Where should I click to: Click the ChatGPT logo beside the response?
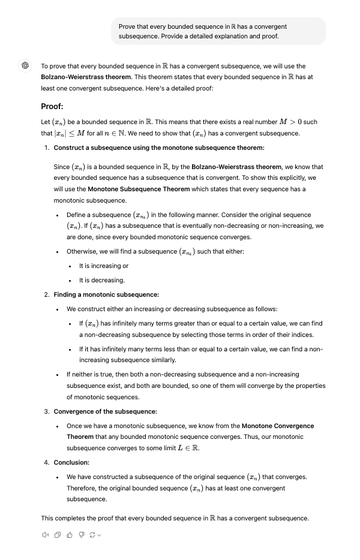coord(26,66)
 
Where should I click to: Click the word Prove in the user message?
coord(127,26)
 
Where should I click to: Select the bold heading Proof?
coord(52,107)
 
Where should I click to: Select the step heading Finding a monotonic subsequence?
coord(106,294)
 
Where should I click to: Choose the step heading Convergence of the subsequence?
coord(105,411)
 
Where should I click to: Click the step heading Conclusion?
coord(71,462)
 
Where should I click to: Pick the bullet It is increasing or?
coord(103,266)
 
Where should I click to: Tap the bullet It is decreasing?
coord(102,280)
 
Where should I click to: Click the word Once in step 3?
coord(74,426)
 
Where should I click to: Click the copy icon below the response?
coord(58,535)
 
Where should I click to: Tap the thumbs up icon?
coord(69,535)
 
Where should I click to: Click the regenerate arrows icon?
coord(92,535)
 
